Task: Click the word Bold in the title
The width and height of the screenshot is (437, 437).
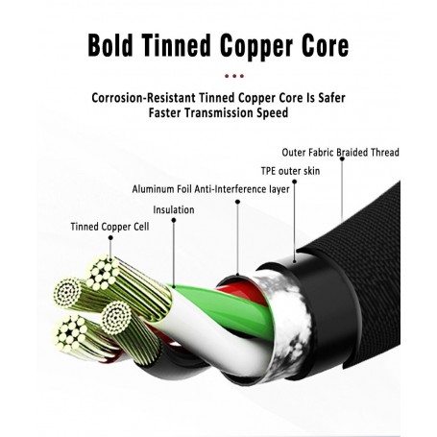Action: tap(110, 45)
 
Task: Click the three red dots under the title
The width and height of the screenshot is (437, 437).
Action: tap(234, 76)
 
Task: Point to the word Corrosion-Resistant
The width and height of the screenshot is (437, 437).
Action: tap(143, 98)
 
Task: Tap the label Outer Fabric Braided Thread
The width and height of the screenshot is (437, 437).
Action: tap(340, 152)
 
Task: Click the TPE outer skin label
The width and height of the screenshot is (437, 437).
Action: tap(290, 171)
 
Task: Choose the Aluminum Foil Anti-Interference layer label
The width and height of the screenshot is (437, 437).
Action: tap(210, 189)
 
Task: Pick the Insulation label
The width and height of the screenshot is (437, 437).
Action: tap(174, 209)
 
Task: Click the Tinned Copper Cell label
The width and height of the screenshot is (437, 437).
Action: tap(109, 227)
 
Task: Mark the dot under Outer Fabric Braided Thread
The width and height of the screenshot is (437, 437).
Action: tap(342, 158)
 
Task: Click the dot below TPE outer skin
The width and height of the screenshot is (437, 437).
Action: tap(294, 182)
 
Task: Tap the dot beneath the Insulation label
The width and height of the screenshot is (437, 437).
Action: tap(174, 220)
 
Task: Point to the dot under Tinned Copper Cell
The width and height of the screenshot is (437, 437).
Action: tap(110, 237)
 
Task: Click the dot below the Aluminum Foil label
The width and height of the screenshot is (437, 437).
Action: tap(237, 202)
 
